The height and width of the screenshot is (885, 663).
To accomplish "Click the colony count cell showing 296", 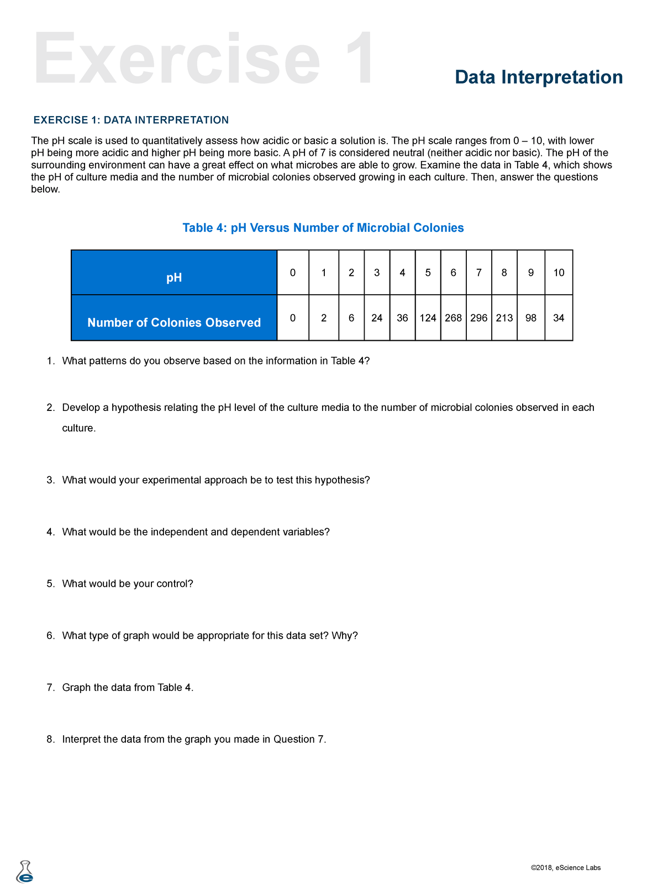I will tap(478, 318).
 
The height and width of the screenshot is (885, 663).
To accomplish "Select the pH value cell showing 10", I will tap(559, 273).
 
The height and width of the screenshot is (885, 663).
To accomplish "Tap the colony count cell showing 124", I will tap(428, 318).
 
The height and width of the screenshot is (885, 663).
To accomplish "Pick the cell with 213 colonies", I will tap(504, 318).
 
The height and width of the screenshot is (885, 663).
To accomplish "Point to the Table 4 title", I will tap(323, 228).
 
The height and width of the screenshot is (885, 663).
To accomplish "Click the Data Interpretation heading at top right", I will tap(539, 77).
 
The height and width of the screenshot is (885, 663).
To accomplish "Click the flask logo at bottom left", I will tap(25, 872).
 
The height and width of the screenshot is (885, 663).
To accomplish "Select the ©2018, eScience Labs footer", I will tap(565, 868).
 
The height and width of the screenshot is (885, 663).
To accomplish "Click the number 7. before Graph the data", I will tap(51, 688).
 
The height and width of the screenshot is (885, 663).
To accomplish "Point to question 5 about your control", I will tap(127, 584).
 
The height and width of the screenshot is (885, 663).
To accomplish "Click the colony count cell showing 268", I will tap(453, 318).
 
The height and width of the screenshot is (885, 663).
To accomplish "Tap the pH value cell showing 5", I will tap(428, 273).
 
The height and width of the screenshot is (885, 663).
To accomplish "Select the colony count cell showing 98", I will tap(530, 318).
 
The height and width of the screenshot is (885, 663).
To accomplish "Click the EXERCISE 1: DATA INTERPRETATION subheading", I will tap(131, 120).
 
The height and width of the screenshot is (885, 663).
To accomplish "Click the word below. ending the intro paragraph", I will tap(45, 189).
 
